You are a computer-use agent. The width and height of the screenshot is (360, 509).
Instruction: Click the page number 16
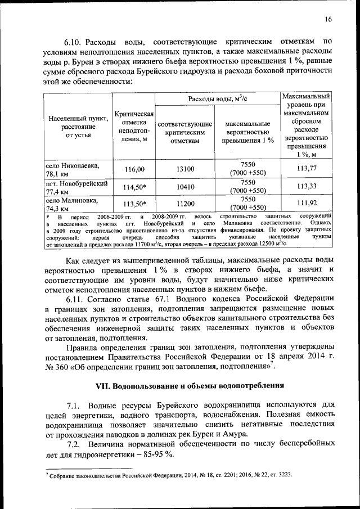pyautogui.click(x=328, y=20)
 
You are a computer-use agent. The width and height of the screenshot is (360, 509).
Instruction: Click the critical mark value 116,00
pyautogui.click(x=134, y=169)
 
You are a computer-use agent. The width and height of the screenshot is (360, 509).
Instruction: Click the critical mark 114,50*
pyautogui.click(x=134, y=187)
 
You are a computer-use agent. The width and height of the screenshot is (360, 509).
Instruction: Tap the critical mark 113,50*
pyautogui.click(x=134, y=204)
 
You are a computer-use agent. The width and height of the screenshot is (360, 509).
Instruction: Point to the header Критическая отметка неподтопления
pyautogui.click(x=134, y=127)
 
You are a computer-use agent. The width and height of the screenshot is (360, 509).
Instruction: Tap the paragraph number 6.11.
pyautogui.click(x=74, y=298)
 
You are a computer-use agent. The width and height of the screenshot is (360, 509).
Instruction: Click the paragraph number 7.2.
pyautogui.click(x=75, y=444)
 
